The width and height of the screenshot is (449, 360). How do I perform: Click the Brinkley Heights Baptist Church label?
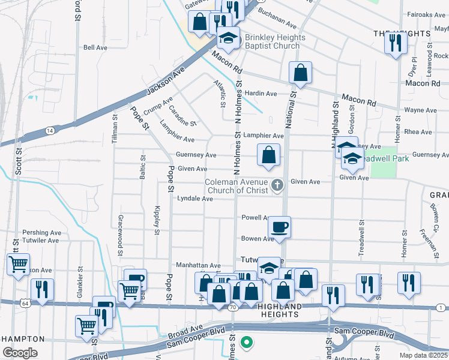point(275,42)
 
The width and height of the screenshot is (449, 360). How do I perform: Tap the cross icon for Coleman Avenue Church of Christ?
point(277,185)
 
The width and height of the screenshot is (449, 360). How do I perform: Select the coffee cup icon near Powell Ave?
point(279,227)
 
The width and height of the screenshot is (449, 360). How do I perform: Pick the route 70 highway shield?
point(232,307)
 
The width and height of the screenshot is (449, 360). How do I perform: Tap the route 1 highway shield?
point(441,307)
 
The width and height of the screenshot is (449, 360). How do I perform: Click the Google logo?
point(20,352)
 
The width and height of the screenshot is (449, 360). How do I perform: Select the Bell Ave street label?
point(95,47)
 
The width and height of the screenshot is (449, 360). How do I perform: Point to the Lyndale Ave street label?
point(194,199)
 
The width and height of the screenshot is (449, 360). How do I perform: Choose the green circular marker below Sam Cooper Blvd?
point(245,343)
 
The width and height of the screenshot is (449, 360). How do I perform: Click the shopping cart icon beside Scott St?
point(18,263)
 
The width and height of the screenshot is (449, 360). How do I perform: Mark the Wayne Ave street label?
point(420,110)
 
